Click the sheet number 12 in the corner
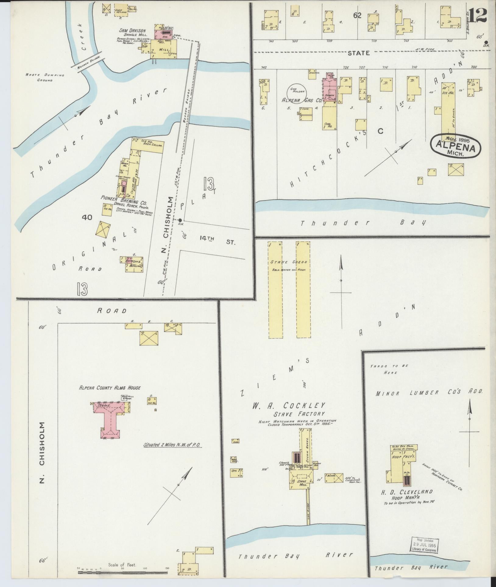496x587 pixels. point(477,15)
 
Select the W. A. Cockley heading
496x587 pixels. point(288,405)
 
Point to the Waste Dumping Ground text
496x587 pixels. point(45,78)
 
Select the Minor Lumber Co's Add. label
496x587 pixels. point(429,393)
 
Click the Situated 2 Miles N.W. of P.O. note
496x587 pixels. point(173,445)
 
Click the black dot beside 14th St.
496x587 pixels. point(180,220)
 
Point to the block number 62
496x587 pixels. point(357,16)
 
